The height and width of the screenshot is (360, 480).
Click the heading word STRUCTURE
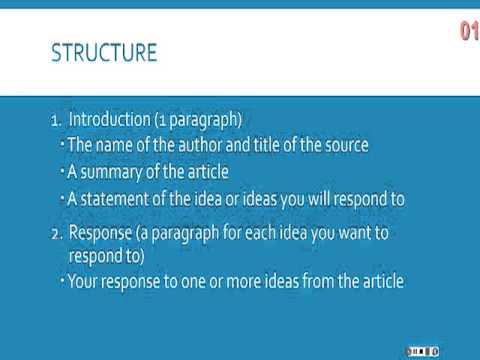pos(103,53)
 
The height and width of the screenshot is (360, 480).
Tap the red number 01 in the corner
pos(469,32)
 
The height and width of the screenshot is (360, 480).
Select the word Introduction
pos(111,120)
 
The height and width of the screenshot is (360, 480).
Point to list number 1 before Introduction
pos(55,121)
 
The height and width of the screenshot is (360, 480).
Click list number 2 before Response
pos(56,233)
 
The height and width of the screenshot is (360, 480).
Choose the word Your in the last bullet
pos(84,281)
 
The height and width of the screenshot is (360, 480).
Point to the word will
pos(296,198)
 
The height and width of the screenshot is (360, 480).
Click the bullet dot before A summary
pos(61,169)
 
